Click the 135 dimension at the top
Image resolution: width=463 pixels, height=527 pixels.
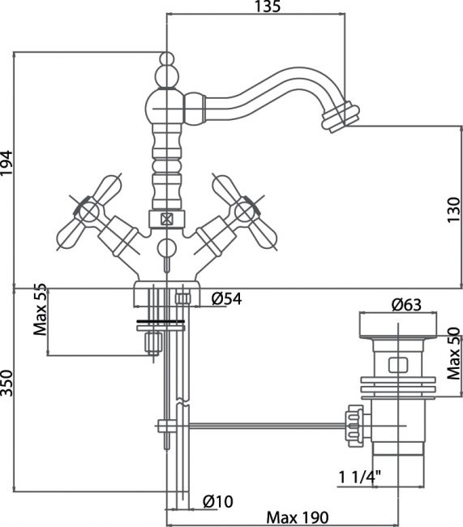tap(268, 6)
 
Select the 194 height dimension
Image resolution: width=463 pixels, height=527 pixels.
tap(6, 163)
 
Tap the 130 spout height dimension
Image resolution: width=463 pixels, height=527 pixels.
tap(453, 210)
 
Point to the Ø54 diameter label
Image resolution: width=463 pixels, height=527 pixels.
tap(226, 298)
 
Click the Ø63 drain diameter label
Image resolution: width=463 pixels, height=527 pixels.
tap(406, 305)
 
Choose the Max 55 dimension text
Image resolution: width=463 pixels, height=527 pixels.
tap(40, 309)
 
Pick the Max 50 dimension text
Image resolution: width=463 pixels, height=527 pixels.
tap(453, 353)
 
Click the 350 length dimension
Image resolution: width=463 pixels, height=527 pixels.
tap(6, 383)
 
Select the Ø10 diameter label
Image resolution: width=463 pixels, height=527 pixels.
tap(218, 501)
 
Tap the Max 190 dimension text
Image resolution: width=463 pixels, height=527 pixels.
tap(298, 517)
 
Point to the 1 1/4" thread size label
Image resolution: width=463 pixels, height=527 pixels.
tap(359, 478)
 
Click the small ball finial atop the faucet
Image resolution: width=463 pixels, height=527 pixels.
tap(167, 59)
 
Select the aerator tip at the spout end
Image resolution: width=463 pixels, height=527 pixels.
tap(341, 118)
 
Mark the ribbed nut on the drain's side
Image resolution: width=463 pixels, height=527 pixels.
tap(355, 426)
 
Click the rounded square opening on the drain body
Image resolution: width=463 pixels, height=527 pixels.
tap(398, 366)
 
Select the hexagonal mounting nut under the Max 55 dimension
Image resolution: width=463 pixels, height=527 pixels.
tap(153, 343)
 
